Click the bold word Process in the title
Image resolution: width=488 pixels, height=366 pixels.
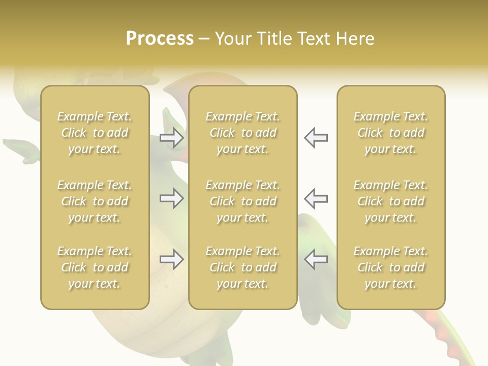tap(160, 39)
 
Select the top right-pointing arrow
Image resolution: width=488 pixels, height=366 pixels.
tap(171, 137)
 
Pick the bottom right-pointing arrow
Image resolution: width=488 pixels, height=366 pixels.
tap(171, 259)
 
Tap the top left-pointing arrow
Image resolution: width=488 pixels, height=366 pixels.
tap(316, 137)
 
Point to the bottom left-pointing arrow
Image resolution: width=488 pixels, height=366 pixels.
tap(316, 259)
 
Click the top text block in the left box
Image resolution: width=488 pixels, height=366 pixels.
tap(95, 133)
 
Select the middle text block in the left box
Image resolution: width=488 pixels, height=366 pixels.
tap(95, 201)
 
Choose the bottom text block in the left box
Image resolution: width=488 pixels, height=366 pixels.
tap(95, 267)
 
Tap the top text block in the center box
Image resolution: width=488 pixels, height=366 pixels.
tap(242, 133)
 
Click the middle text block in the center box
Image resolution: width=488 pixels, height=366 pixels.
tap(242, 201)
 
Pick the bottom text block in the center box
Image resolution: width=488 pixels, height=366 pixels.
tap(242, 267)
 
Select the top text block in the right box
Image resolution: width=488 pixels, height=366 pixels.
tap(390, 133)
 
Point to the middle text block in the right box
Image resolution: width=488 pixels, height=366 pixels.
tap(390, 201)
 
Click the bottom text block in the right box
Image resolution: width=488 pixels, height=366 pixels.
tap(390, 267)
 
